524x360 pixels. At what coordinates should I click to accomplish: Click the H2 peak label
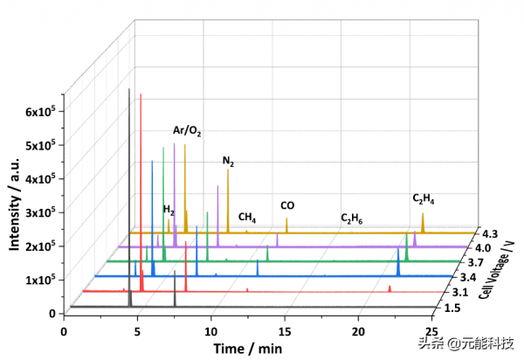tap(169, 211)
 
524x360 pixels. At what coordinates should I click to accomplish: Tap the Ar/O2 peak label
tap(187, 131)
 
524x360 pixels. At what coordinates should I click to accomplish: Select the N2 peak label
tap(228, 162)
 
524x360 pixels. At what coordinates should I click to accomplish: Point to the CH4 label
tap(247, 218)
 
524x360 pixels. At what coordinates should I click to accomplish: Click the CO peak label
tap(287, 206)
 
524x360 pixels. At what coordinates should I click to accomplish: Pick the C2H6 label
tap(353, 218)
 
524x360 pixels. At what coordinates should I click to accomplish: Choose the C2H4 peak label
tap(425, 199)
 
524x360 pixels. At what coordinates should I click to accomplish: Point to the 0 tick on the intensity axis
tap(52, 313)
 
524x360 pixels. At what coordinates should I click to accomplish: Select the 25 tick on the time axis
tap(432, 331)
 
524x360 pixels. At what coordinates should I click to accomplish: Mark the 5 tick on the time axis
tap(137, 331)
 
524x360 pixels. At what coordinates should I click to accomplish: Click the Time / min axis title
tap(246, 349)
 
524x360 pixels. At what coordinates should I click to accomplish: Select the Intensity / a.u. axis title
tap(15, 205)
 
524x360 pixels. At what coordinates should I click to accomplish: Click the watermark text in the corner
tap(466, 343)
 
